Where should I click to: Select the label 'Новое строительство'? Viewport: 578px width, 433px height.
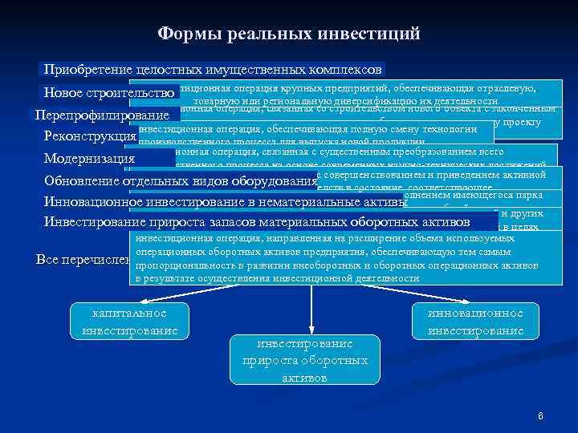[110, 92]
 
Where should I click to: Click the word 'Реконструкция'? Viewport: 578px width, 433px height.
[90, 136]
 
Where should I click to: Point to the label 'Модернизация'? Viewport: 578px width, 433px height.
[89, 158]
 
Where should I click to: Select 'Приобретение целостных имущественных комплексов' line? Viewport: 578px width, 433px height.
[214, 70]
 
